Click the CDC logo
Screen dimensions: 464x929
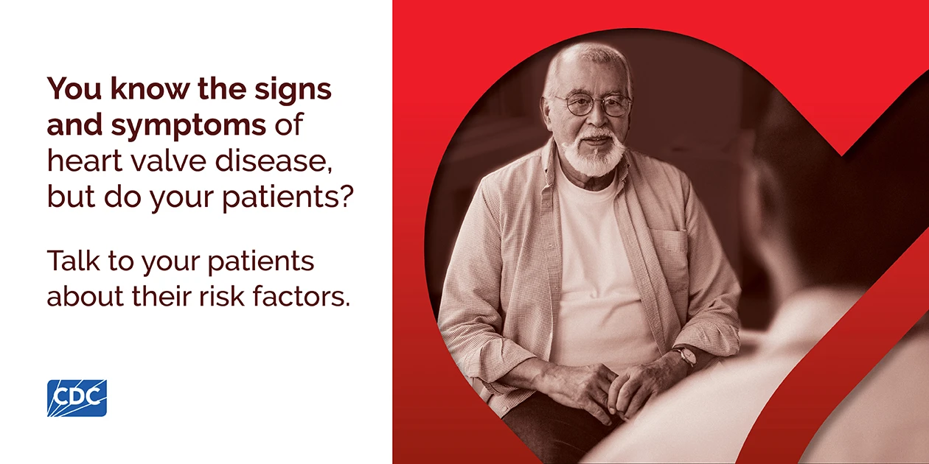coord(77,398)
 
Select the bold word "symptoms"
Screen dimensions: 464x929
coord(189,126)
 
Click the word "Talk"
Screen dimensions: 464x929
coord(74,261)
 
